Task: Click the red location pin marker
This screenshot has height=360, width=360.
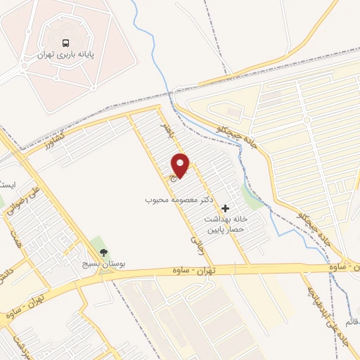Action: point(181,165)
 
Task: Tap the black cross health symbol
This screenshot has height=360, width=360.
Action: point(225,208)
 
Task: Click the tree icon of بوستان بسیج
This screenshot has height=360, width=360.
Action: point(104,252)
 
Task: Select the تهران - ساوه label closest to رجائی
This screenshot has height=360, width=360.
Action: point(195,271)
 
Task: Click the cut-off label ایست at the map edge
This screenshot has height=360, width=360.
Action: point(7,185)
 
